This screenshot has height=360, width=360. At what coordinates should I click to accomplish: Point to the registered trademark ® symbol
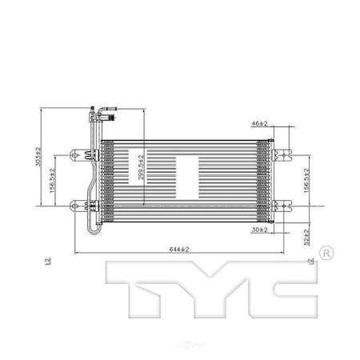pyautogui.click(x=326, y=254)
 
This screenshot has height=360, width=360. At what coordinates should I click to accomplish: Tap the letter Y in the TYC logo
pyautogui.click(x=208, y=287)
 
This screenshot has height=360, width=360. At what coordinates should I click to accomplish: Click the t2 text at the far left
pyautogui.click(x=49, y=261)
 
